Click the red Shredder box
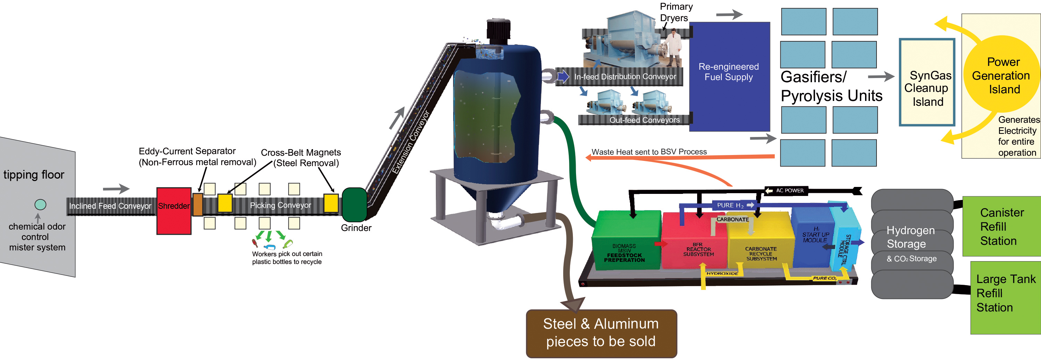pos(174,211)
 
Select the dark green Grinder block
pos(354,205)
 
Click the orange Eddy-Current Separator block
pos(197,204)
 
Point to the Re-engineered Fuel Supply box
pos(729,77)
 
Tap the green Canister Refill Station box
pos(1002,226)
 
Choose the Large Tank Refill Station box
pos(1006,298)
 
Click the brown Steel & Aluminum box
pos(601,333)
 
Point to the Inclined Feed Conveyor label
pos(110,206)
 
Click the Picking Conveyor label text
pos(280,206)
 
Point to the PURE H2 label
pos(730,205)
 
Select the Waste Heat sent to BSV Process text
pos(649,152)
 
